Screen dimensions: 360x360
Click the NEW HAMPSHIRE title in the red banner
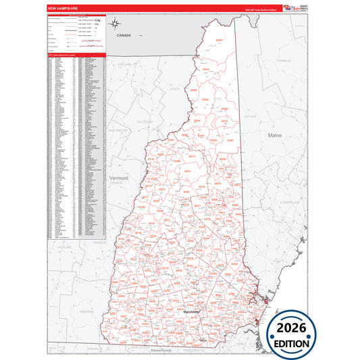pos(63,8)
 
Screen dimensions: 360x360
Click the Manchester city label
pos(193,312)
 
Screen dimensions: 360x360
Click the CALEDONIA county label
pos(145,121)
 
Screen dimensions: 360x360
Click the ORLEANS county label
pos(124,63)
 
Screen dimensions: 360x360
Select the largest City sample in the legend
pos(97,22)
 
